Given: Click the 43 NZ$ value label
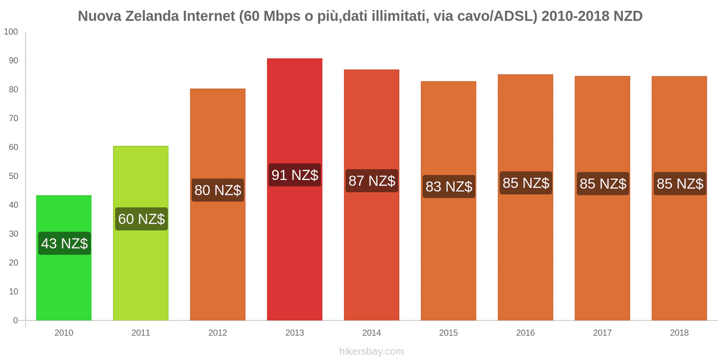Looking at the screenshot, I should point(64,243).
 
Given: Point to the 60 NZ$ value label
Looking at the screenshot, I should point(141,219).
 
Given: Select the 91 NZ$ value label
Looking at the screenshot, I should point(295,175).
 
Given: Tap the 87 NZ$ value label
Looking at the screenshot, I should point(372,181).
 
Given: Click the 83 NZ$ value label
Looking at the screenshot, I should point(449,186).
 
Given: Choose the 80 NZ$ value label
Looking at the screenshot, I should point(218,190).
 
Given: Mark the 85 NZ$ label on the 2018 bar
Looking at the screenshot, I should point(679,184).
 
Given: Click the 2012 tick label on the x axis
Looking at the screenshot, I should point(217,333).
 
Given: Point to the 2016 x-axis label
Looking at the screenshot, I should point(525,333).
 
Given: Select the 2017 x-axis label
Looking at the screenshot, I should point(602,333).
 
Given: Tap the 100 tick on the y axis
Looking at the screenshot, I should point(11,32).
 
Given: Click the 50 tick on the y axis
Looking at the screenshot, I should point(13,176).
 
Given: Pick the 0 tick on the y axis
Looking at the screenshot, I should point(15,320).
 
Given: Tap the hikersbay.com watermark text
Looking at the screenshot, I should point(371,351).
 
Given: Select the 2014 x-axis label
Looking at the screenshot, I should point(371,333).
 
